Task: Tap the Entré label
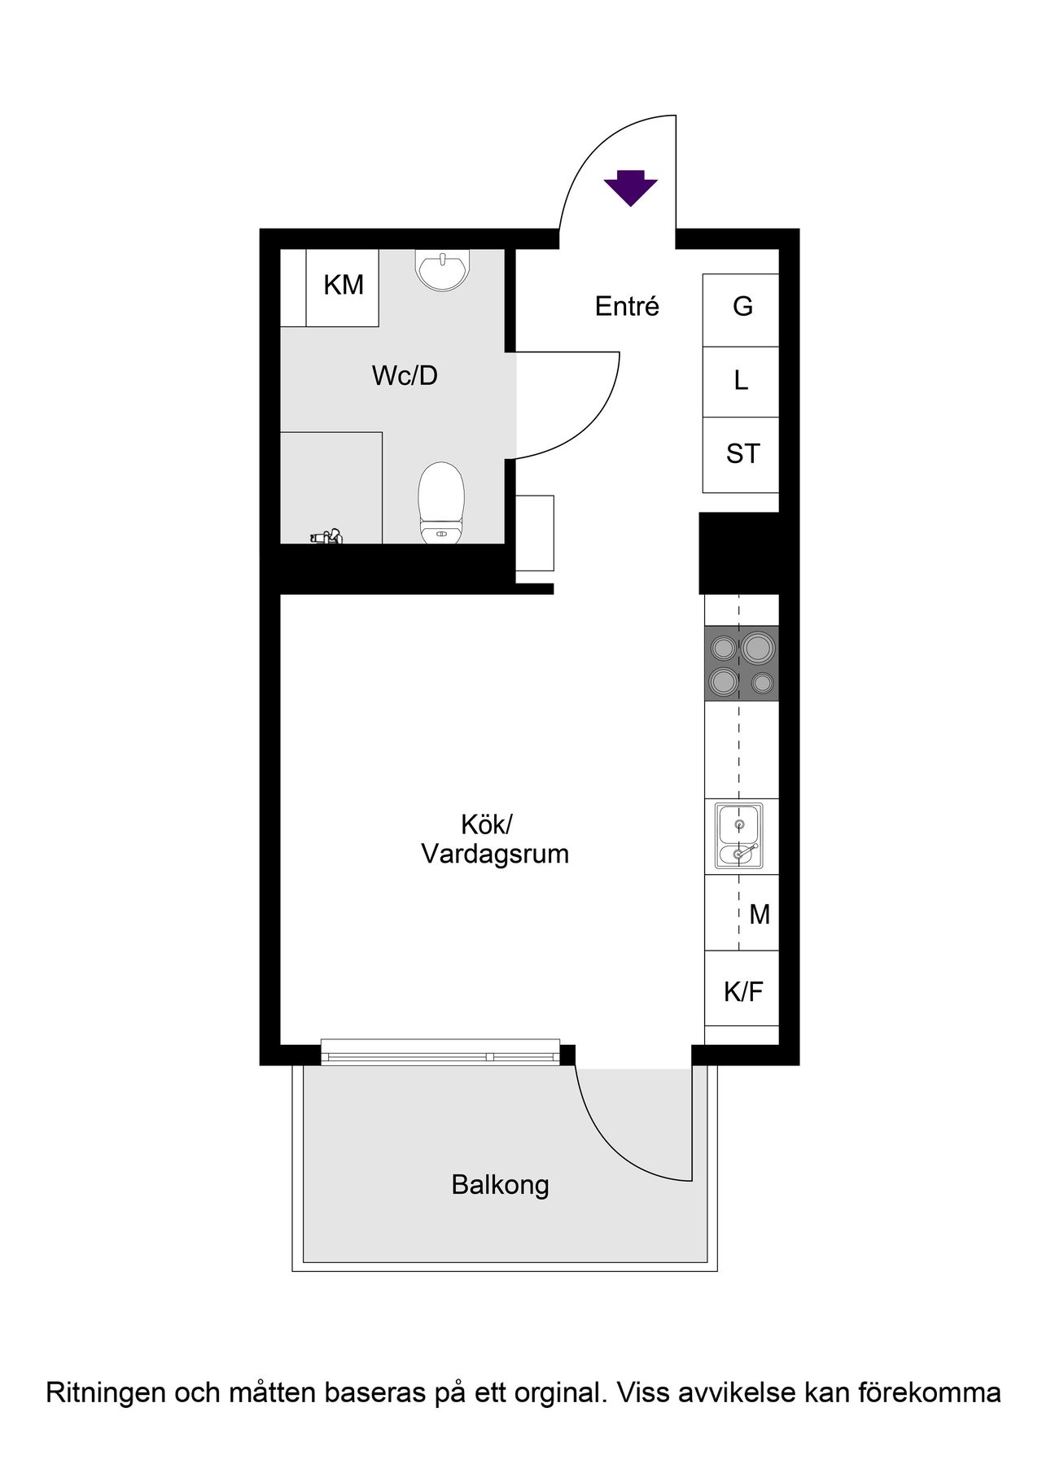point(627,306)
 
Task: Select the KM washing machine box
point(342,287)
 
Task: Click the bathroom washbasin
point(443,269)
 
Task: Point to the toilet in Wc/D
point(441,503)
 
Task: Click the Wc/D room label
point(405,375)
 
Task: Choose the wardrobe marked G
point(741,310)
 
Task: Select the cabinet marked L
point(741,382)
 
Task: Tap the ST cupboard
point(741,454)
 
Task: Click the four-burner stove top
point(742,663)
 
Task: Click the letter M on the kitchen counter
point(760,915)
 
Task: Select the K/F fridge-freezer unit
point(742,988)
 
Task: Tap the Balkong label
point(500,1185)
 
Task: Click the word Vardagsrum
point(495,855)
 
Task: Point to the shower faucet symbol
point(327,536)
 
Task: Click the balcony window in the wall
point(440,1051)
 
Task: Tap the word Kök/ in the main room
point(487,824)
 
